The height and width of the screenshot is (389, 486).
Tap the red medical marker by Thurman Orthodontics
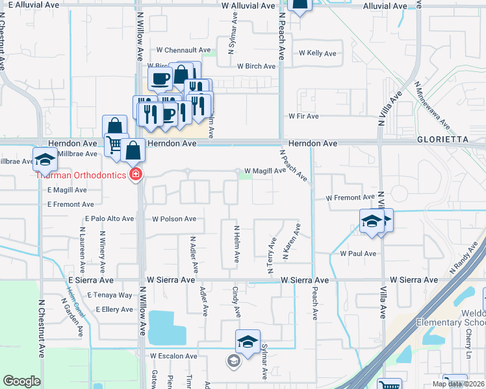click(x=136, y=174)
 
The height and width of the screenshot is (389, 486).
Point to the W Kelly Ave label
click(x=317, y=53)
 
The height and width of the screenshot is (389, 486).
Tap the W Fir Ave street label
click(x=303, y=116)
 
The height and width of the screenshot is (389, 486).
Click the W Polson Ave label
click(x=174, y=219)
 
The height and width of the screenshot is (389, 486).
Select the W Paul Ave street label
click(x=358, y=253)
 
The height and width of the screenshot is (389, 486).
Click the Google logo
click(x=21, y=381)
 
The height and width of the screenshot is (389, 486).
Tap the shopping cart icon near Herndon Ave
click(x=115, y=143)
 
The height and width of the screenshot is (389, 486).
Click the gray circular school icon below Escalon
click(x=233, y=360)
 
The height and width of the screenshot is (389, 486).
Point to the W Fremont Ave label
click(x=351, y=197)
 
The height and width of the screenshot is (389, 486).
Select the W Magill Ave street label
click(x=264, y=171)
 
